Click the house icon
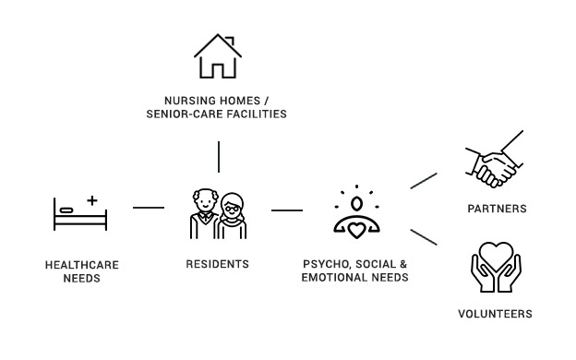[218, 56]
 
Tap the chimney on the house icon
[230, 40]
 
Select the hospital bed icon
[80, 213]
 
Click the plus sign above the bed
[92, 200]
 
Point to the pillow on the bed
[66, 210]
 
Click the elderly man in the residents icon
[204, 214]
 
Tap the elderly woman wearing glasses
[233, 216]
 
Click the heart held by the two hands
[496, 256]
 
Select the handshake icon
[495, 159]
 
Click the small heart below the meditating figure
[356, 231]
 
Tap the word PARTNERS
[497, 209]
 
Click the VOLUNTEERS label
[495, 314]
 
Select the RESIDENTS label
[218, 264]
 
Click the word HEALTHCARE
[82, 265]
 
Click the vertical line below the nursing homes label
[219, 157]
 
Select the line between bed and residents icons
[149, 208]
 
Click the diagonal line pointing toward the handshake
[424, 181]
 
